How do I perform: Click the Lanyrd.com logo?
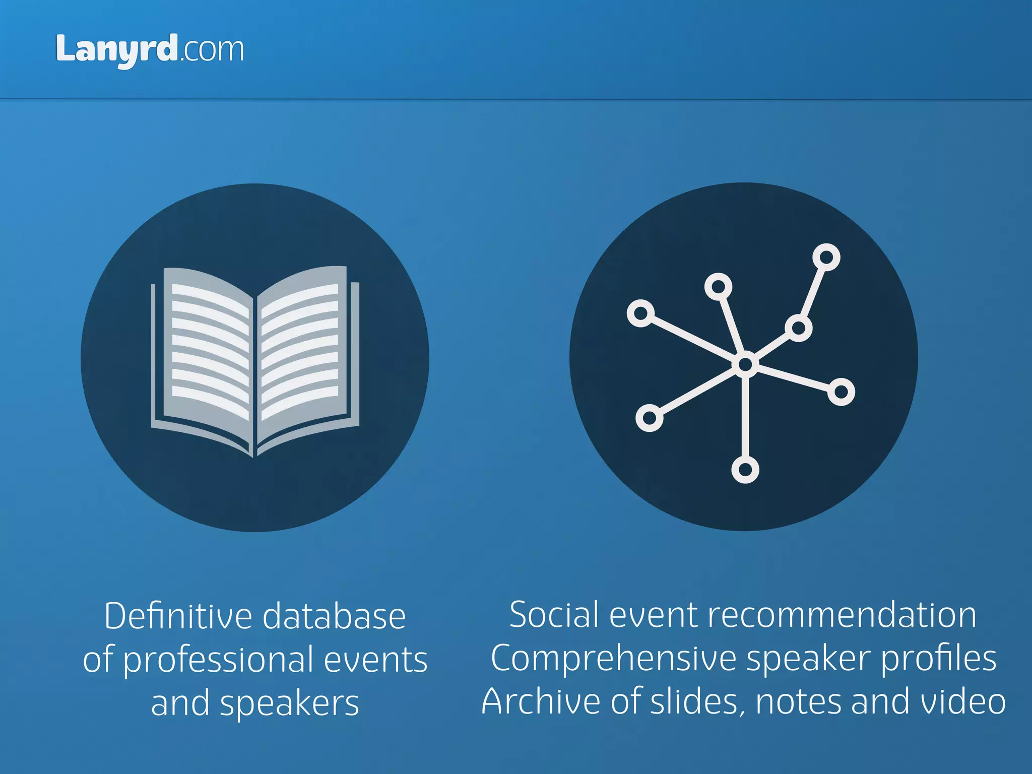[150, 50]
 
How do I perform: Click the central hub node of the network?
[745, 364]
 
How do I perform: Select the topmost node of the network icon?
[826, 257]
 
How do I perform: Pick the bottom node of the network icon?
[745, 470]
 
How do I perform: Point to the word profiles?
[938, 659]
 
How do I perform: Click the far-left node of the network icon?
[640, 313]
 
